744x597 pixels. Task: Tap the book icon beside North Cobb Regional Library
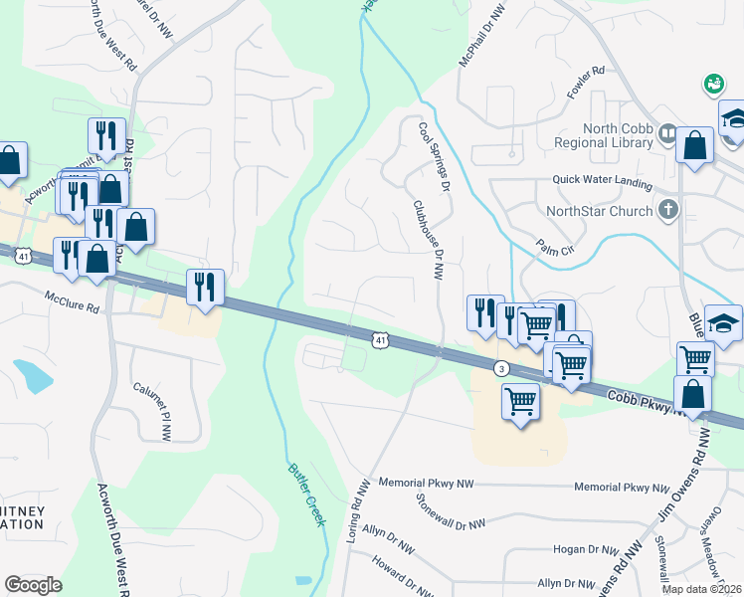(x=666, y=132)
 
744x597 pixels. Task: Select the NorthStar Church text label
(x=599, y=211)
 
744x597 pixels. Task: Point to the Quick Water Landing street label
(x=603, y=183)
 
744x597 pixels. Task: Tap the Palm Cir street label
(x=557, y=242)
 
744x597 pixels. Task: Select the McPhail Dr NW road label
(x=480, y=36)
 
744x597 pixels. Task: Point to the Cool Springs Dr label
(x=435, y=157)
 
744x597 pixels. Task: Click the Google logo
(x=34, y=585)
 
